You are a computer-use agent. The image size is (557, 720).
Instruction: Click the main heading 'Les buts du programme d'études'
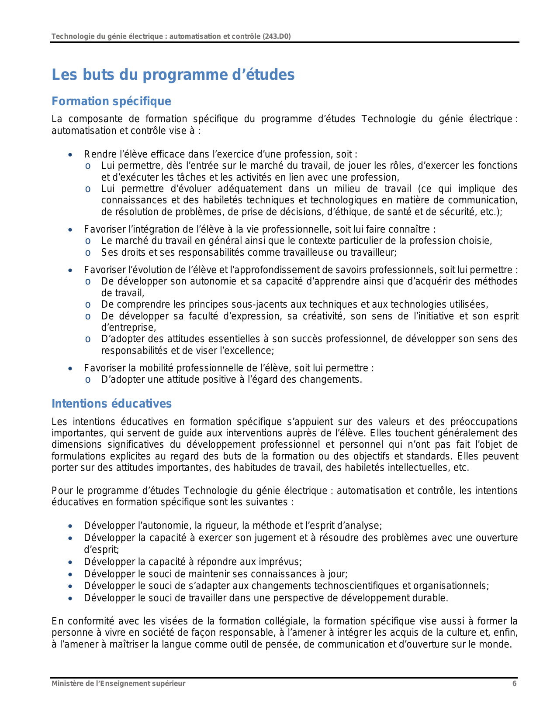click(x=173, y=75)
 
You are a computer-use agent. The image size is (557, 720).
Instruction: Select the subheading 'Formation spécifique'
click(x=111, y=101)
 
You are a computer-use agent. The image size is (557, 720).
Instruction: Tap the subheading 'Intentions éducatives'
click(x=111, y=404)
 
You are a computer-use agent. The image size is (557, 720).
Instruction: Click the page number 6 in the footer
click(x=514, y=683)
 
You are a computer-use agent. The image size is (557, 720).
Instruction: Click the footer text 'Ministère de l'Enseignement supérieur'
click(x=118, y=683)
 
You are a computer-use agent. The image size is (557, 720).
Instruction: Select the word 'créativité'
click(x=322, y=316)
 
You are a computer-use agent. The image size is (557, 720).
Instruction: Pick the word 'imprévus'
click(x=283, y=562)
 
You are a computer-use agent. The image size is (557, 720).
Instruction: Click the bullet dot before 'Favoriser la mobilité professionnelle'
click(x=70, y=368)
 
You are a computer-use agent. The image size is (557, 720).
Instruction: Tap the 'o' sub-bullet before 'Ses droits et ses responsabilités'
click(x=88, y=253)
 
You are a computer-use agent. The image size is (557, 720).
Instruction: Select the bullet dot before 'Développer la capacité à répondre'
click(x=70, y=562)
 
